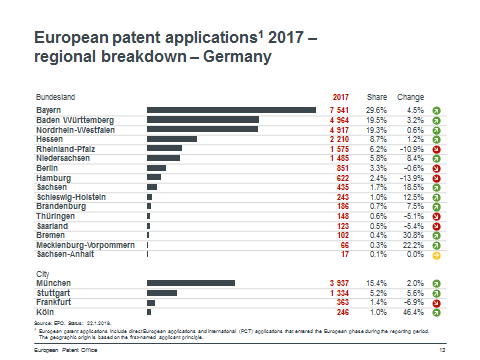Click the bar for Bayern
pyautogui.click(x=231, y=109)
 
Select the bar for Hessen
pyautogui.click(x=172, y=139)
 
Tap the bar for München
pyautogui.click(x=191, y=283)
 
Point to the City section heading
pyautogui.click(x=42, y=272)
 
